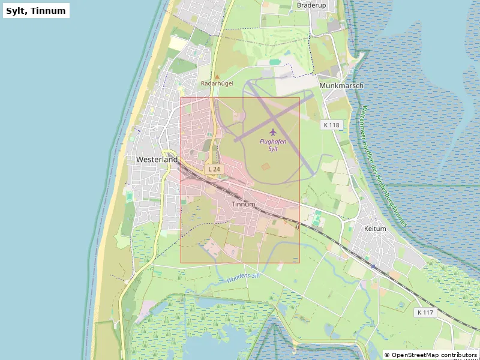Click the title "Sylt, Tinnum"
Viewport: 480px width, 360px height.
[36, 10]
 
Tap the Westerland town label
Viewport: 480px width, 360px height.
[157, 160]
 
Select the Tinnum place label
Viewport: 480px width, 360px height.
[243, 204]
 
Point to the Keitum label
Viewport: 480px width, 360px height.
[375, 229]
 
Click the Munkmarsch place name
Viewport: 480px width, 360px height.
[341, 86]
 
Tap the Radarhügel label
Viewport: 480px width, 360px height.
[217, 83]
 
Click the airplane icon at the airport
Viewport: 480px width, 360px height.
[273, 131]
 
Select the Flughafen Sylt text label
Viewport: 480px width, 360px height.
[273, 145]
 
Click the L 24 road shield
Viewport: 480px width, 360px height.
[214, 170]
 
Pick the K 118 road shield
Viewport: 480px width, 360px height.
[331, 125]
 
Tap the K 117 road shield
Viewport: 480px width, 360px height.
[425, 313]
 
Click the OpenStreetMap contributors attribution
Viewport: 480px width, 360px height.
[431, 355]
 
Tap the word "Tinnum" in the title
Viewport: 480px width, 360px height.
[48, 10]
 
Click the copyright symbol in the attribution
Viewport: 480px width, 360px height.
[387, 355]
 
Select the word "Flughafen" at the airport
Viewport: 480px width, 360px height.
[273, 142]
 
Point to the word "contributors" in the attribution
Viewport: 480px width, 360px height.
[455, 355]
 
